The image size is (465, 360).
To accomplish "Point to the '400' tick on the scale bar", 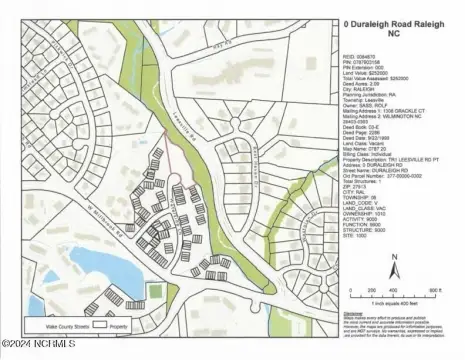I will [405, 290].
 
